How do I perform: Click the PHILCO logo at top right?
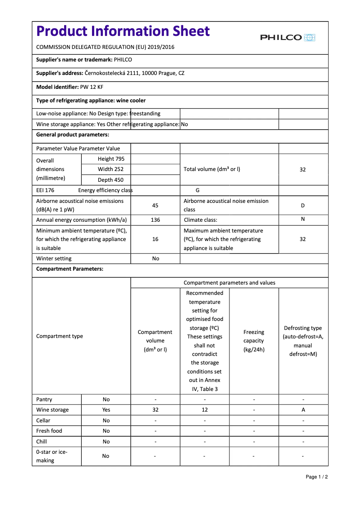[288, 38]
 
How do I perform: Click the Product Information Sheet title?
[123, 31]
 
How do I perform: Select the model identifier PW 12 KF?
[92, 87]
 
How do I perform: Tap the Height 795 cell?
[111, 159]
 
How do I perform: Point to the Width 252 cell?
[110, 169]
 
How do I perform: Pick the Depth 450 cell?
[110, 180]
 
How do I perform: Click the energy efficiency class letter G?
[198, 190]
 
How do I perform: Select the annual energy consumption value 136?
[155, 220]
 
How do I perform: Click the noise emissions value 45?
[155, 206]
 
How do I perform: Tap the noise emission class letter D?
[303, 206]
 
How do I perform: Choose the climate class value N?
[303, 219]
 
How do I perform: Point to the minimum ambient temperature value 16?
[155, 239]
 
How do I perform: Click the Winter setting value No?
[155, 259]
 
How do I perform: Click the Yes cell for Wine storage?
[106, 410]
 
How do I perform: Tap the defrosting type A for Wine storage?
[303, 410]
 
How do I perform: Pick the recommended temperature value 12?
[205, 410]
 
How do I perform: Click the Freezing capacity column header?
[254, 341]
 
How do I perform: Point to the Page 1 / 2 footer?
[316, 477]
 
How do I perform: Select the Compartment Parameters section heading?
[70, 269]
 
